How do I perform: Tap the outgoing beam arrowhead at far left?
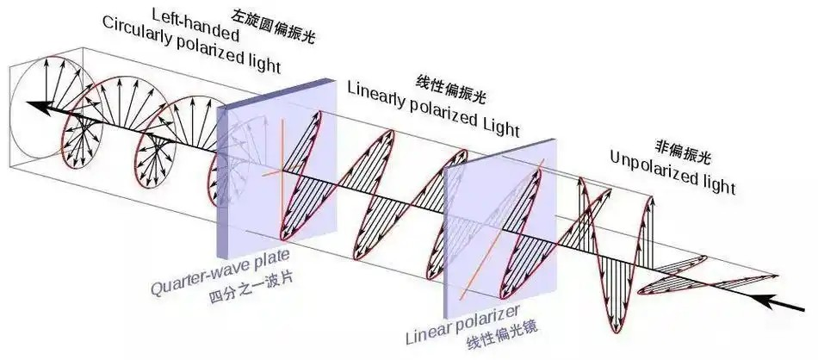tap(37, 107)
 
